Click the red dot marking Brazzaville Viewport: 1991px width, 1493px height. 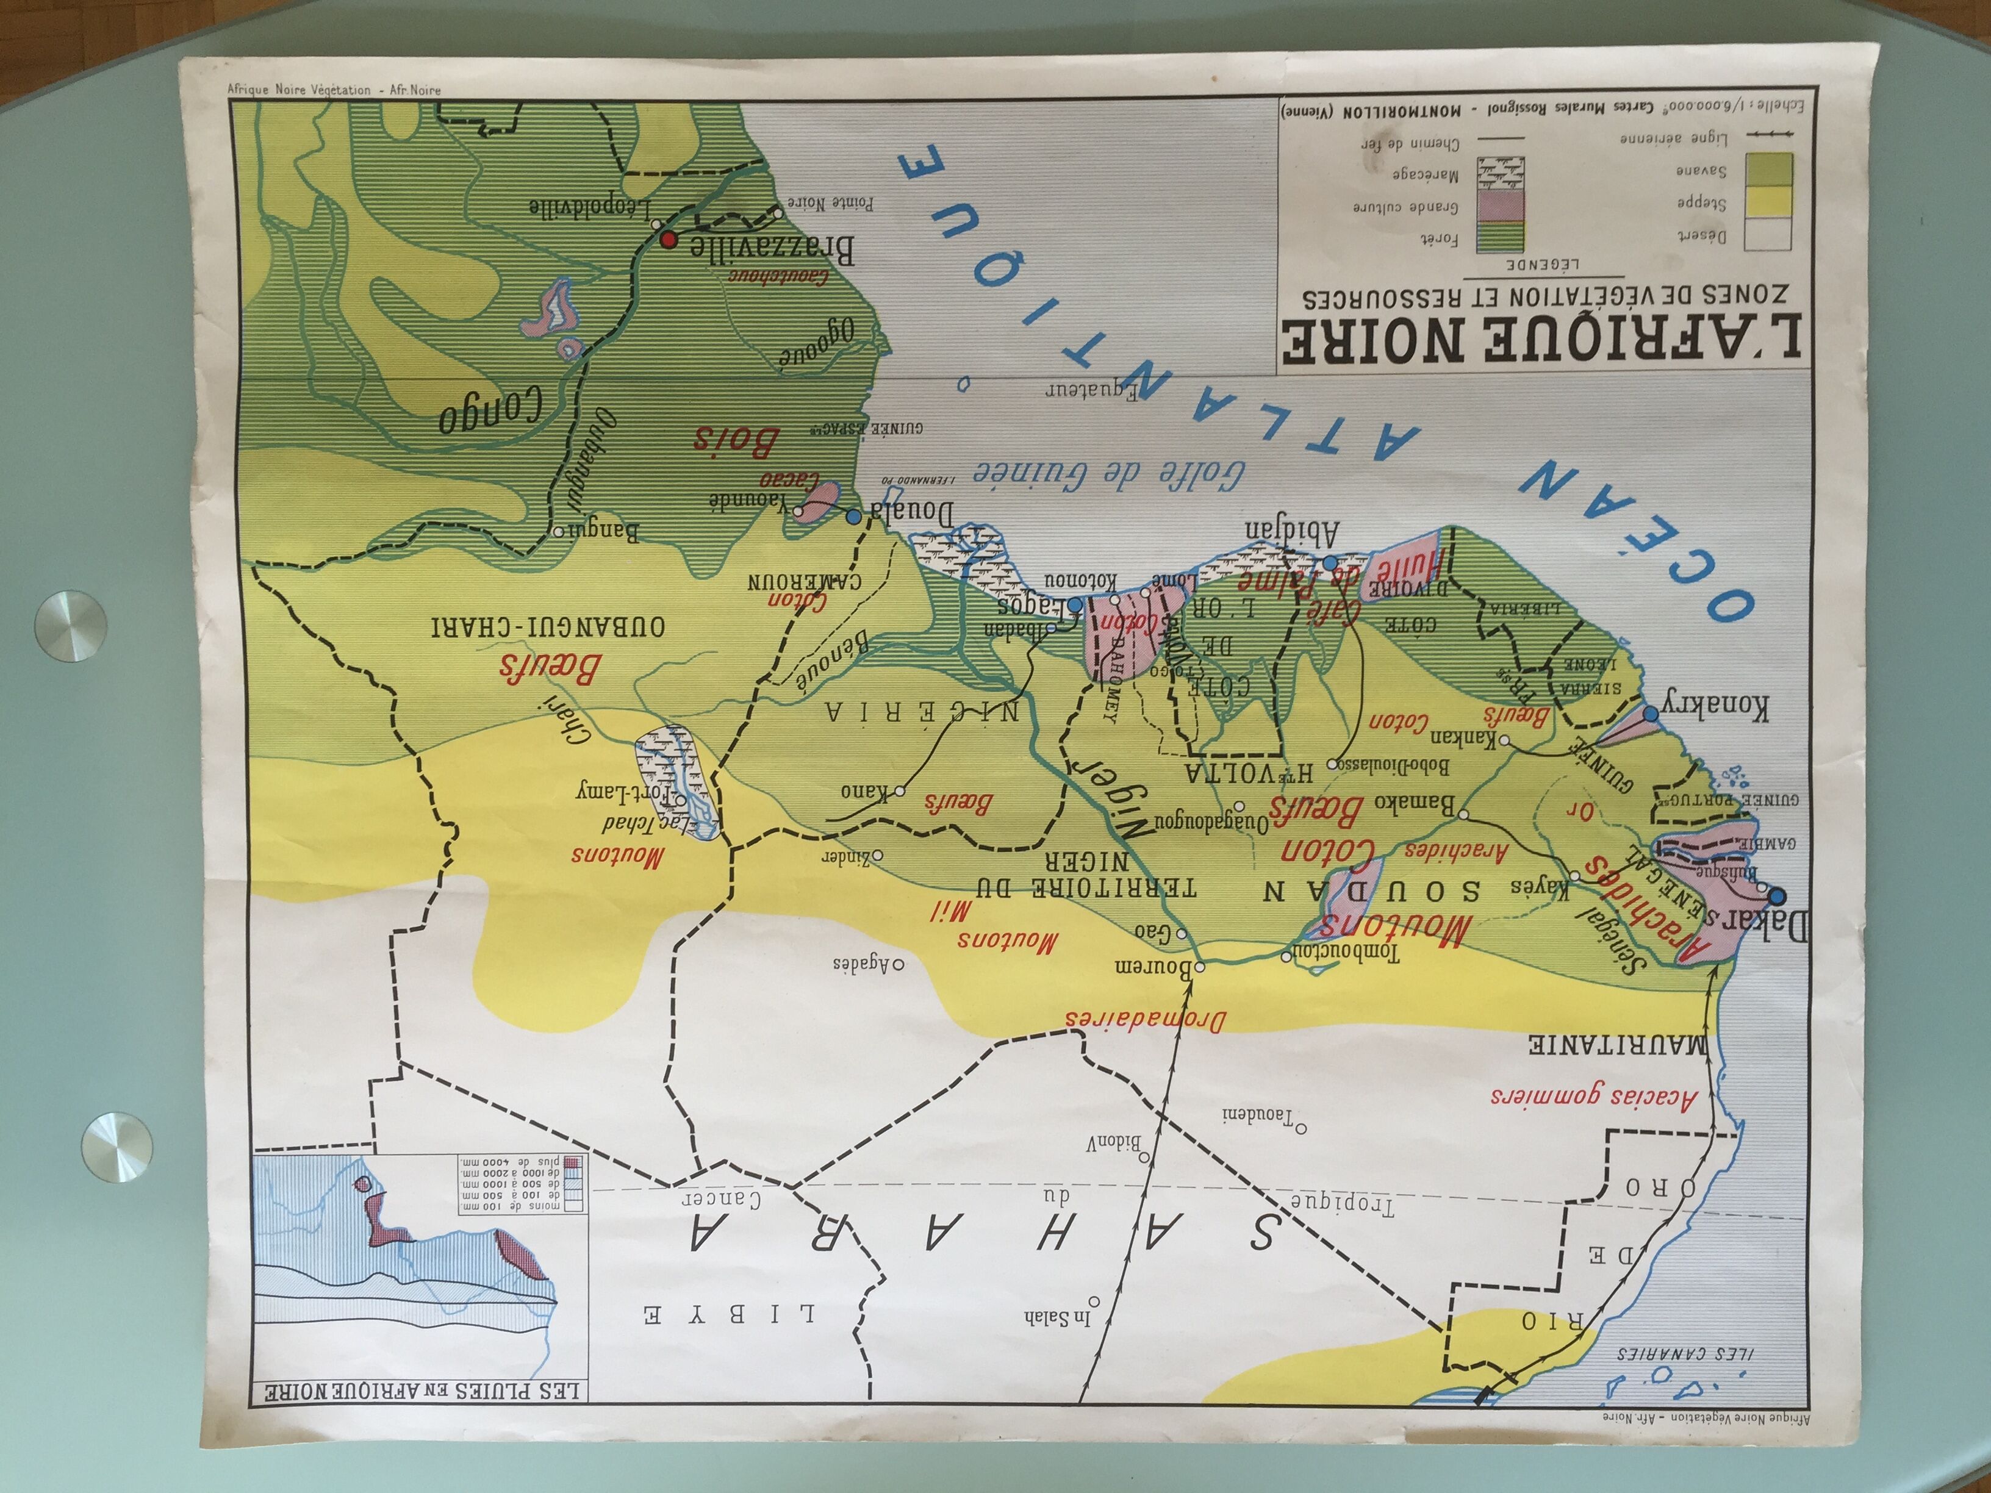(x=668, y=240)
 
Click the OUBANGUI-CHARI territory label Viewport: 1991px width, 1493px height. (x=549, y=626)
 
